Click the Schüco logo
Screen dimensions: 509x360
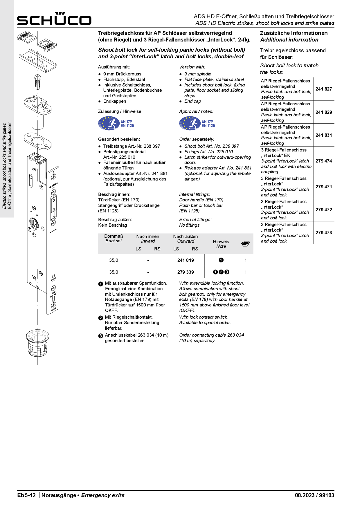54,19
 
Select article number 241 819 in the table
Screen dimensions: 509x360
186,260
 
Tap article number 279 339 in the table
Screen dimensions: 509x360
186,272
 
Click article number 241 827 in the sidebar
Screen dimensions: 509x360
324,89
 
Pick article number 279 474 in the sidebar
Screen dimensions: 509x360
324,161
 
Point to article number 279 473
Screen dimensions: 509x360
324,233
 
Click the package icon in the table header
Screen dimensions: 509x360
246,244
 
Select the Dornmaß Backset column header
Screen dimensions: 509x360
114,239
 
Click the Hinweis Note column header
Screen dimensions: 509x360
221,244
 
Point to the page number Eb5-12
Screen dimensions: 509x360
26,495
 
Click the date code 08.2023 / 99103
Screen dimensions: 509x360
314,495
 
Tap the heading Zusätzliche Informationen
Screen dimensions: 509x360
294,33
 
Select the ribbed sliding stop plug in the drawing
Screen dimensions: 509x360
38,82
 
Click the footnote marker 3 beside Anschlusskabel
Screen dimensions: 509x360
101,336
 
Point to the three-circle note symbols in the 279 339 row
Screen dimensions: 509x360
221,272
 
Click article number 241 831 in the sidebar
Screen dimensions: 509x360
324,135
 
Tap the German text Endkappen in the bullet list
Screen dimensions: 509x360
115,101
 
